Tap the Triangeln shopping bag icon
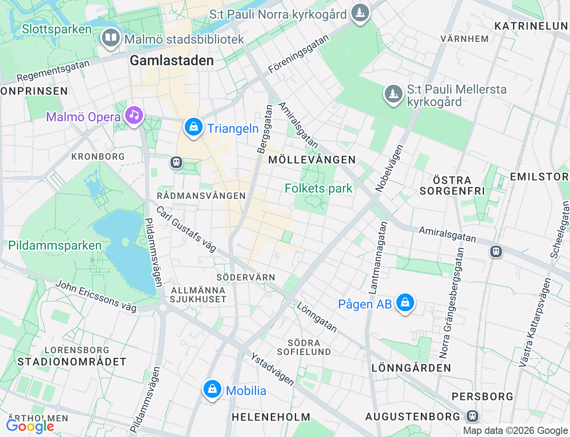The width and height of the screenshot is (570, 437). coord(194,127)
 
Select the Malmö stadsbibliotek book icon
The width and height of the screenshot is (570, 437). coord(110,38)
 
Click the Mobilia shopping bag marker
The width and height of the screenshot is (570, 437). coord(212,389)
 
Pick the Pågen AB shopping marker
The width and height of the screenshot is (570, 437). coord(405,303)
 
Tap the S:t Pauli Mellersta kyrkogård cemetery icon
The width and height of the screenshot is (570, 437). coord(393,94)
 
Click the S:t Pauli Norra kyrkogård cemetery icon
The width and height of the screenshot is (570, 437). coord(360,13)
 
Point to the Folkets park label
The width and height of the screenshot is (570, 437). coord(318,189)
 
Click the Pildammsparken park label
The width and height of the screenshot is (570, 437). coord(55,246)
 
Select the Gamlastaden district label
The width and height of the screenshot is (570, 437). coord(172,61)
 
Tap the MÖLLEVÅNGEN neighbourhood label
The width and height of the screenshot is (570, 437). coord(312,160)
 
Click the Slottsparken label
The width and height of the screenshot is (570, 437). coord(57,29)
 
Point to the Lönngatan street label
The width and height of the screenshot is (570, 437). coord(317,317)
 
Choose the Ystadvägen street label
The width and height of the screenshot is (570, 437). coord(272,369)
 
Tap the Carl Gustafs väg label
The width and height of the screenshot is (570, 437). coord(186,229)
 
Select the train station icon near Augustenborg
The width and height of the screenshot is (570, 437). coord(472,416)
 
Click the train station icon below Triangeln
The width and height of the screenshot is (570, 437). coord(176,162)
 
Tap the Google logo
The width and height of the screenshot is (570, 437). coord(30,426)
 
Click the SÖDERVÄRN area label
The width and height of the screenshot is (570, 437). coord(246,277)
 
